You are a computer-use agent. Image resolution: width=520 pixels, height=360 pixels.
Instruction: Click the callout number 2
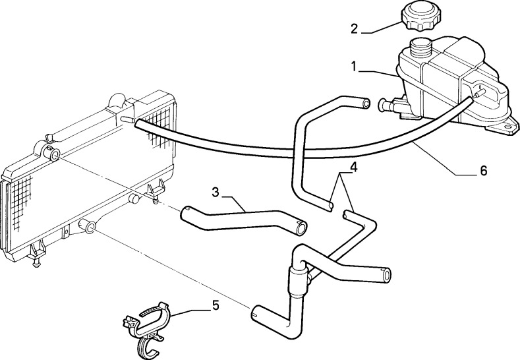coord(354,29)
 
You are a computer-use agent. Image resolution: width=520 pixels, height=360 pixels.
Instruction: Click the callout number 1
coord(354,67)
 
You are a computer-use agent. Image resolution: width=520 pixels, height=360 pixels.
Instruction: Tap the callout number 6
coord(483,171)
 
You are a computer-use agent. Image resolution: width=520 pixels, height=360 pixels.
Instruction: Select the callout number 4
coord(354,167)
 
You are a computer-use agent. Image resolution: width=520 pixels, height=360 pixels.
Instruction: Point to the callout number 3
coord(216,192)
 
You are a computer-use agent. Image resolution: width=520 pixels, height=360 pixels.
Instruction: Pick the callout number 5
coord(216,305)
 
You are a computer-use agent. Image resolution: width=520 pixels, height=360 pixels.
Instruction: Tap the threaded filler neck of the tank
coord(420,48)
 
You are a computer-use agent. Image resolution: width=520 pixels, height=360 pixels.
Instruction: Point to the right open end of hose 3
coord(301,227)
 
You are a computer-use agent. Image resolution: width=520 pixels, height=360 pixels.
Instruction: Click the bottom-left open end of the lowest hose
coord(256,313)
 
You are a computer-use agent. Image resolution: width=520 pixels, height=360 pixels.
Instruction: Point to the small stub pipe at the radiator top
coord(127,119)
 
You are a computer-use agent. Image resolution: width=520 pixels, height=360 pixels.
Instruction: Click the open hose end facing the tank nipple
coord(366,104)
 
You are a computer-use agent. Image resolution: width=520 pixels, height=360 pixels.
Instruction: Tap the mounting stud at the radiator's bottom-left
coord(36,264)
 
